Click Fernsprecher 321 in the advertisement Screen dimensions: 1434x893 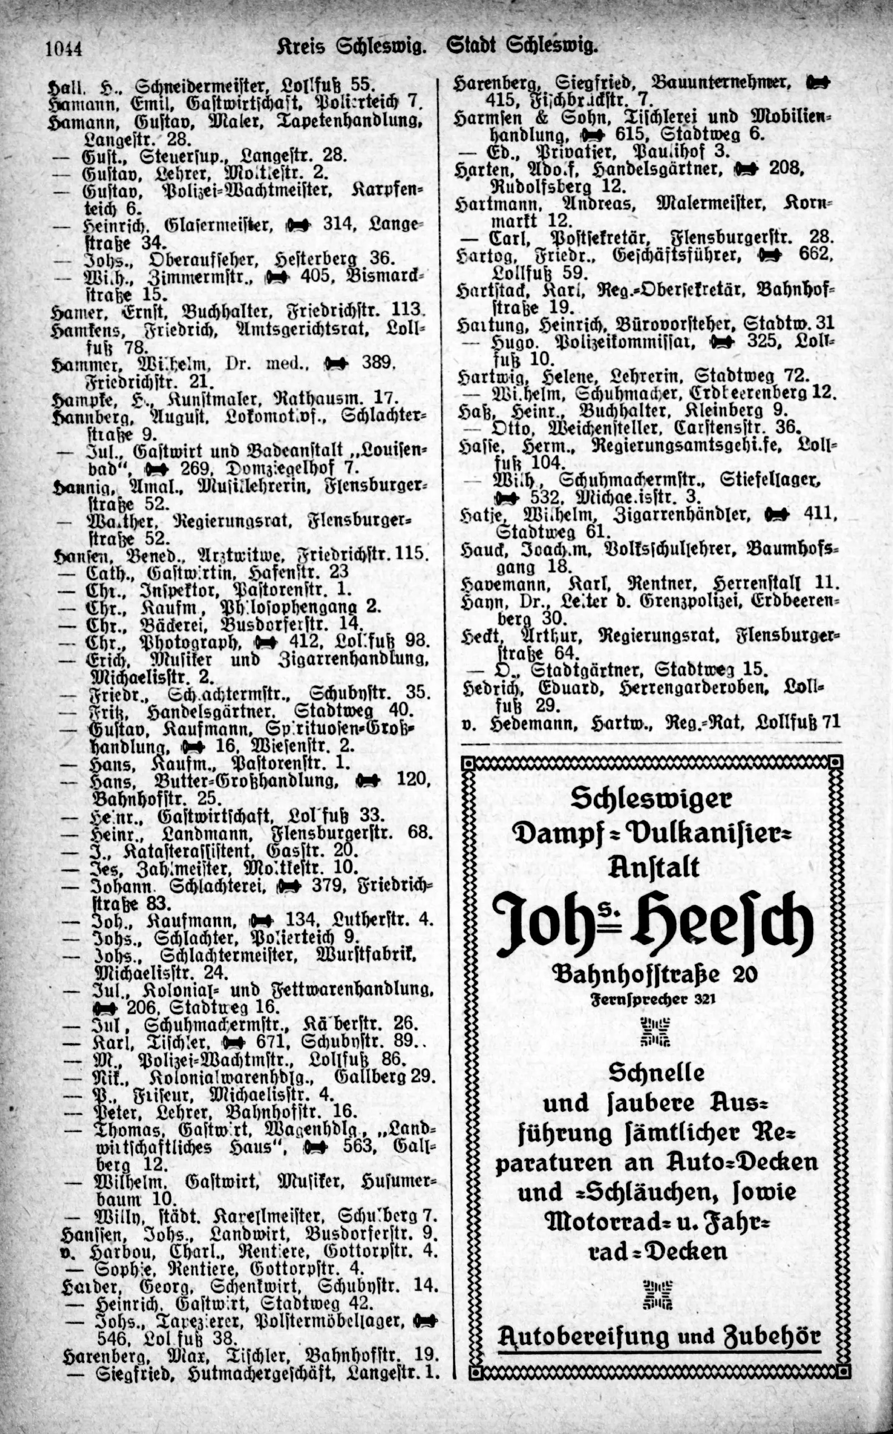pos(653,999)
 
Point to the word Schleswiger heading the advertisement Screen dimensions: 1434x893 pos(651,799)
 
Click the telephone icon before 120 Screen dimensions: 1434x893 pos(368,781)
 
